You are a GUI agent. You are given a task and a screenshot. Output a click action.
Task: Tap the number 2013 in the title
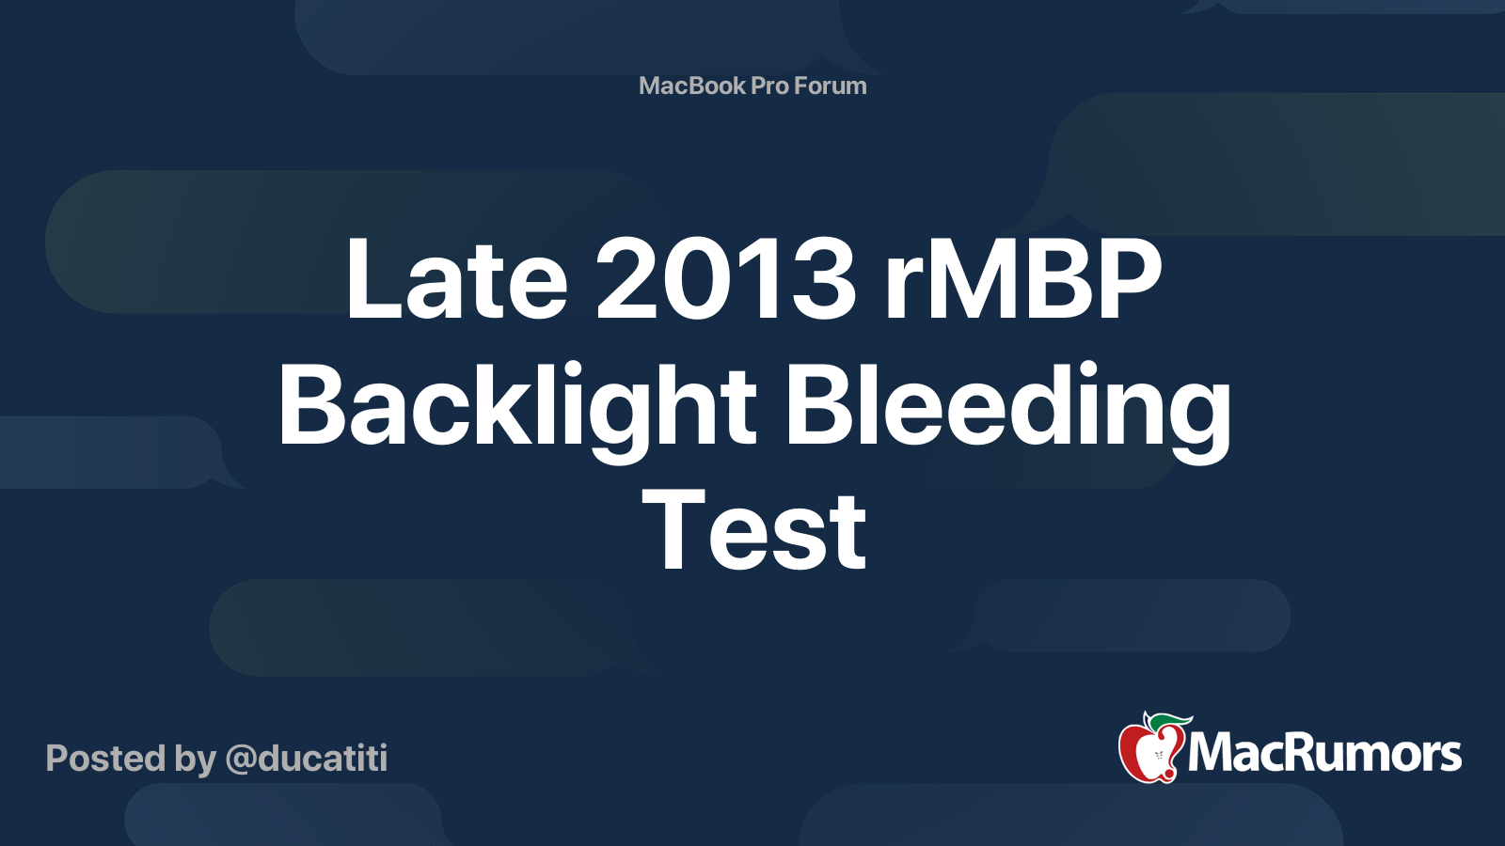726,279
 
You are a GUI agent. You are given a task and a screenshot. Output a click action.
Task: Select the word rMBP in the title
1023,279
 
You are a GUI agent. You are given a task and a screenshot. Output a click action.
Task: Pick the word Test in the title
753,532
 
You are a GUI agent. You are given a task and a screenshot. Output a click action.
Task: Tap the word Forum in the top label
831,86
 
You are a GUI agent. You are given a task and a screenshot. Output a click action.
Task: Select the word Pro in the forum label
769,86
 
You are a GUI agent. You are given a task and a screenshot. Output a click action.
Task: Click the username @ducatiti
307,759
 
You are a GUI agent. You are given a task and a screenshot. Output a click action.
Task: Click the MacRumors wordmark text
1324,753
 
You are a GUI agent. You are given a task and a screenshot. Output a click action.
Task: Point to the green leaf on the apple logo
1170,722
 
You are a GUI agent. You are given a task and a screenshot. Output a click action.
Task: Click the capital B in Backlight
313,406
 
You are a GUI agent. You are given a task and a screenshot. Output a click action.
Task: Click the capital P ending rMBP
1124,279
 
